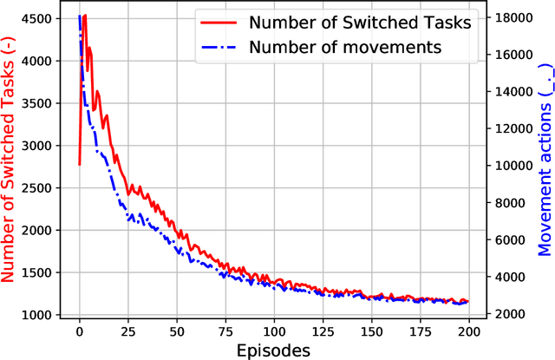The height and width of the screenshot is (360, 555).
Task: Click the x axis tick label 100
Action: point(275,331)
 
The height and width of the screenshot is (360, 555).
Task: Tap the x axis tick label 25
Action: point(128,331)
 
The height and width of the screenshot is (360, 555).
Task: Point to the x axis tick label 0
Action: point(80,331)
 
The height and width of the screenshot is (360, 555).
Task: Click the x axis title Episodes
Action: point(274,350)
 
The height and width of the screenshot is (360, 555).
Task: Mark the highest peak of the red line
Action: point(84,15)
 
